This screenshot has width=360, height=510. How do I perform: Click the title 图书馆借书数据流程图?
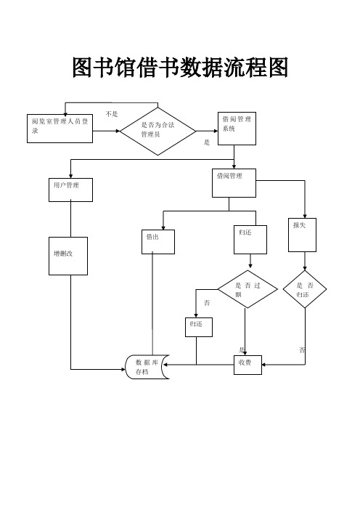180,69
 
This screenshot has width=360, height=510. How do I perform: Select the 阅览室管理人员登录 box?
61,126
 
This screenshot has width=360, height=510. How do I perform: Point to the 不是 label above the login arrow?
112,114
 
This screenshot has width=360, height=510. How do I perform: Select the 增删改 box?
68,256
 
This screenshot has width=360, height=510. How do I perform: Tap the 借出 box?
158,241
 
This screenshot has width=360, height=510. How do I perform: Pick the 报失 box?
303,234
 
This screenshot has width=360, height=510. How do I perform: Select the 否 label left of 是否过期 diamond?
207,301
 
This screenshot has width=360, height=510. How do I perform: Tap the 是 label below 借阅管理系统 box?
207,142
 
